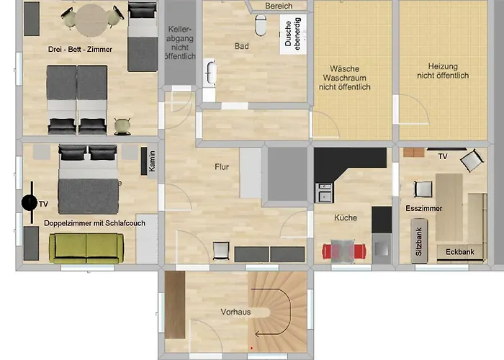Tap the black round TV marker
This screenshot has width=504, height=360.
(x=29, y=203)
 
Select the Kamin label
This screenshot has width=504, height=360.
(x=152, y=162)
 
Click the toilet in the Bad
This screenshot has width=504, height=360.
(x=261, y=26)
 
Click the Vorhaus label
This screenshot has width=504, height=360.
(x=235, y=312)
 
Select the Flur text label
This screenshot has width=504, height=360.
(x=222, y=167)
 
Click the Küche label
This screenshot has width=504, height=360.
(x=346, y=217)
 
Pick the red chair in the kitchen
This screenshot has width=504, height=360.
(x=333, y=251)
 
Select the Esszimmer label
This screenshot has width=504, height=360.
(x=423, y=208)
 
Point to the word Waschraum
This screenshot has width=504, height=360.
(x=344, y=77)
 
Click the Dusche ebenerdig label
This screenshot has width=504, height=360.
(x=293, y=32)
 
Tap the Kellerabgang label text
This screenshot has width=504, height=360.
(x=179, y=43)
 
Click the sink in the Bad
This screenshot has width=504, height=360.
(x=210, y=74)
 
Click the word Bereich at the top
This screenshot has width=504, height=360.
(x=279, y=6)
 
